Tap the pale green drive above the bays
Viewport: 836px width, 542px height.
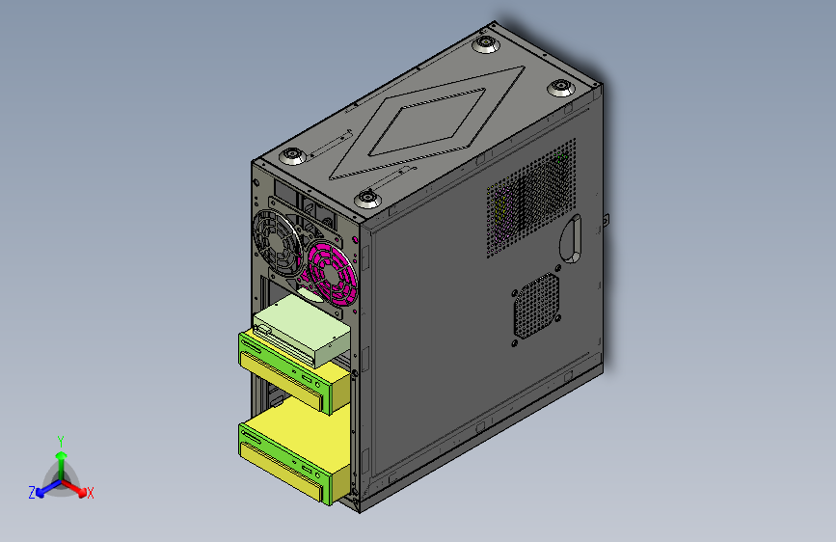click(303, 330)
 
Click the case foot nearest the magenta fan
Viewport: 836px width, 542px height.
click(367, 199)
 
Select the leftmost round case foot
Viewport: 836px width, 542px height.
click(293, 156)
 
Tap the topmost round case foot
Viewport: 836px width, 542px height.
click(486, 43)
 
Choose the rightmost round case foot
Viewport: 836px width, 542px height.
click(561, 87)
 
